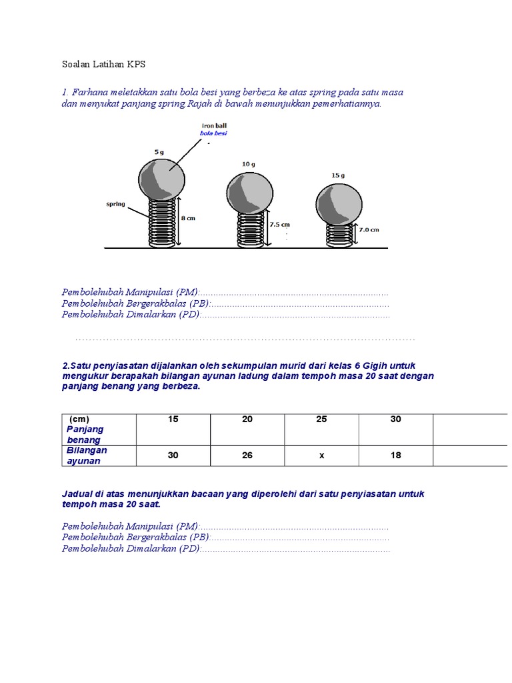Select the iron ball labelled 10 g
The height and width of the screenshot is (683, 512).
(x=249, y=193)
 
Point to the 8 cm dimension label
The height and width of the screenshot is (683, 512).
(x=189, y=219)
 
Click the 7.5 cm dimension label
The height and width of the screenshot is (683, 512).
(x=279, y=225)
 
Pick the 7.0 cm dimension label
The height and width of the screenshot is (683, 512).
(x=370, y=229)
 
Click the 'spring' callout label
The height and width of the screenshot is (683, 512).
(x=115, y=204)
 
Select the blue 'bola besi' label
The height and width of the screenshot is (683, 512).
(x=213, y=133)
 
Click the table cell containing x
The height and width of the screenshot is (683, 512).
(x=321, y=456)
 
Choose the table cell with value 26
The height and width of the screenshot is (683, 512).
(x=247, y=456)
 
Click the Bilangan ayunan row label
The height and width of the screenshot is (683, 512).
(x=87, y=455)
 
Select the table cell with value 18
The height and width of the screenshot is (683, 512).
(x=395, y=456)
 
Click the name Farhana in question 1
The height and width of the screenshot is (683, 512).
(x=93, y=92)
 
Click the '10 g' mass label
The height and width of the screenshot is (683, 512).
(x=248, y=163)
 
